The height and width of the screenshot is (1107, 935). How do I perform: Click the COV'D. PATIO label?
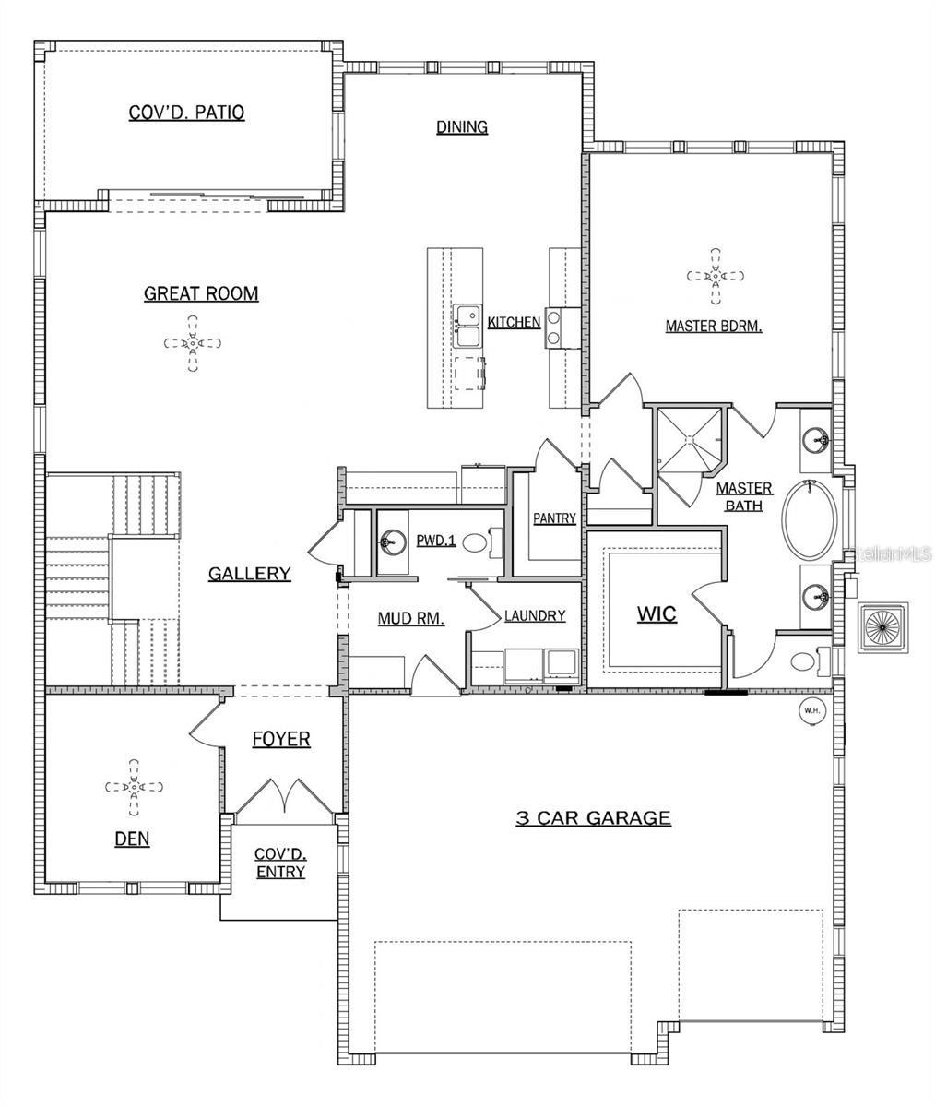186,113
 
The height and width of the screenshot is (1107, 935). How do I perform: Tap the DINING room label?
462,127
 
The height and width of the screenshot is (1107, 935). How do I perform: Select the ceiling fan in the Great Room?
193,343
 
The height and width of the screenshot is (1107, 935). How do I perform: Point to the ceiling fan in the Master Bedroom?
715,276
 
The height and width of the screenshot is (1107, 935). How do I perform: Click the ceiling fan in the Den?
134,787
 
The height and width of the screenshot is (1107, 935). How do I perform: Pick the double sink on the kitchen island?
467,326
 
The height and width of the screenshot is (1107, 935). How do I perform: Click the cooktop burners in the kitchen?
554,327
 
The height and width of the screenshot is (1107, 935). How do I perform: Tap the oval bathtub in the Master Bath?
811,519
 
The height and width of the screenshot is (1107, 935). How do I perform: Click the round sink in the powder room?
394,542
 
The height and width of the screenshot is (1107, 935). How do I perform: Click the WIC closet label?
657,614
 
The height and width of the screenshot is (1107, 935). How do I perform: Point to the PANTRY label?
554,518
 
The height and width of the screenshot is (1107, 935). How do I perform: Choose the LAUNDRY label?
535,615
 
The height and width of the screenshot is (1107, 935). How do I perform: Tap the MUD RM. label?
410,618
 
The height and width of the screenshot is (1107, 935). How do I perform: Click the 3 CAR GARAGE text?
594,817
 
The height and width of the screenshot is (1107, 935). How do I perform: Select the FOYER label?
281,739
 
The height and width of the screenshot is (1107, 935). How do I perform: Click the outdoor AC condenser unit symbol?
883,626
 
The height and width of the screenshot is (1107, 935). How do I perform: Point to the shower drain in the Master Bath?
690,439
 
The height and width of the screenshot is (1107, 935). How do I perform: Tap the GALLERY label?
249,574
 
